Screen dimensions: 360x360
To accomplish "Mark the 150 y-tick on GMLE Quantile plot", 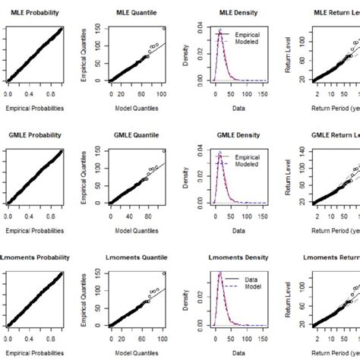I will pos(99,151).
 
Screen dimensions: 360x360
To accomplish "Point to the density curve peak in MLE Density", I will pos(219,33).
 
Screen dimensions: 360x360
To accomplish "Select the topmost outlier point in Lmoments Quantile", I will pos(163,273).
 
